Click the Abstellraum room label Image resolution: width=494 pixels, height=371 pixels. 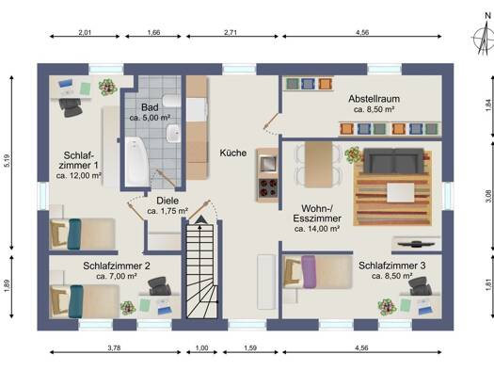click(374, 99)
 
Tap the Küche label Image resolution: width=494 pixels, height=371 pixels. click(233, 153)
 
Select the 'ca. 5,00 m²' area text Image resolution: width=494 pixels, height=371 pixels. click(150, 118)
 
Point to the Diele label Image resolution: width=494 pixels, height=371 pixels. click(167, 201)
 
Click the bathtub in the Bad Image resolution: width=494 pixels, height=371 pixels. click(136, 161)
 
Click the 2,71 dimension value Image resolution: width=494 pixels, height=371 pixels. click(231, 32)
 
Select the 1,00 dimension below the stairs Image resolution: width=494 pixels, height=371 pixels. click(201, 348)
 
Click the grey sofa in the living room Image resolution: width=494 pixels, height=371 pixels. click(393, 161)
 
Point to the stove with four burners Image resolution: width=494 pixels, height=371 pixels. click(268, 187)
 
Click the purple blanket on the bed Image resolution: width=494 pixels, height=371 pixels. click(309, 272)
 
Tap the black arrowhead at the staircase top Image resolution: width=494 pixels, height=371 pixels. click(200, 219)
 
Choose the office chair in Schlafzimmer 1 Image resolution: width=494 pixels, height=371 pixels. click(71, 107)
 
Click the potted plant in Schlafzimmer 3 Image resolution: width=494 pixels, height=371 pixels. click(387, 307)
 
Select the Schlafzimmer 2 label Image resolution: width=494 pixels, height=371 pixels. click(117, 266)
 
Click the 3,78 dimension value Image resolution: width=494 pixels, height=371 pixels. click(114, 348)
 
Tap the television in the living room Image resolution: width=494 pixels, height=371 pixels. click(413, 243)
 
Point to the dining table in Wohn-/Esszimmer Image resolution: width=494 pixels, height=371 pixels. click(319, 164)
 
